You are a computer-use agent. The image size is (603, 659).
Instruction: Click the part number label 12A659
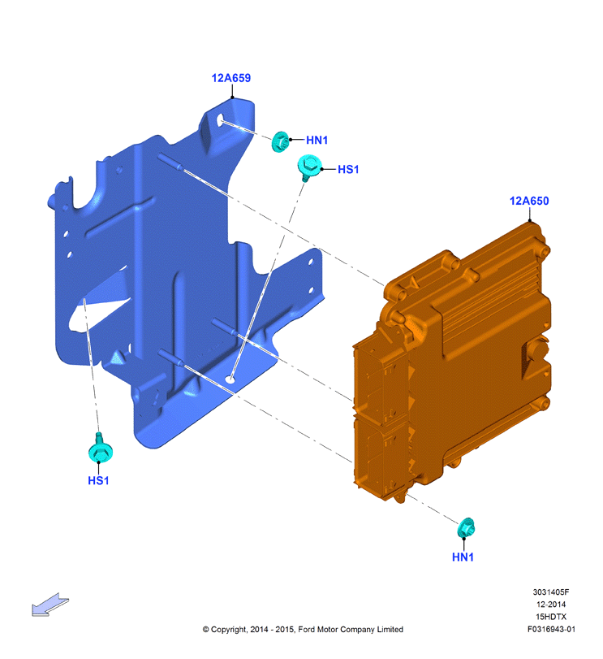coord(230,78)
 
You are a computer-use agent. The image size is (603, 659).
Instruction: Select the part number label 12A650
coord(528,201)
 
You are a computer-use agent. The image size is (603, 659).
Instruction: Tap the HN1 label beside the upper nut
coord(317,140)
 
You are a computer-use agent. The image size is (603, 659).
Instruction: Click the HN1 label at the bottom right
coord(463,557)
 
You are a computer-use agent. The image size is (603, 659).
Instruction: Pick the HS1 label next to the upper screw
coord(348,169)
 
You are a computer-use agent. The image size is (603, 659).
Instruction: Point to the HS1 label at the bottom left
coord(98,480)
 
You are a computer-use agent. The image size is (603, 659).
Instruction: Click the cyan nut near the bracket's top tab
coord(280,141)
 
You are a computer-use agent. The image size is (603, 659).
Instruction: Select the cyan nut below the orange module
coord(466,528)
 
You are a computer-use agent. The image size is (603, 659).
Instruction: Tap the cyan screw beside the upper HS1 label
coord(309,167)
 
